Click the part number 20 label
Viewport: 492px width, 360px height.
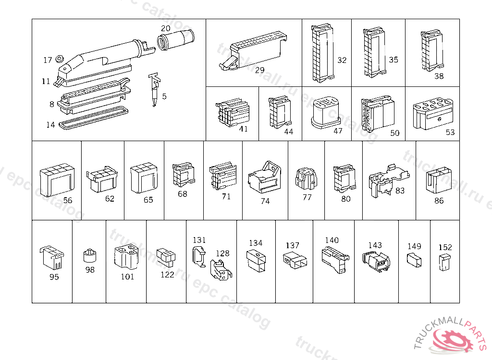tap(165, 27)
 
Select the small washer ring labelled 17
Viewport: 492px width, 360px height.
tap(60, 59)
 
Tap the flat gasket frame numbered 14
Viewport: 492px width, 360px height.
tap(94, 118)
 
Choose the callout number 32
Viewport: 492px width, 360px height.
tap(342, 60)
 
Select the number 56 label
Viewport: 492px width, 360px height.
tap(68, 201)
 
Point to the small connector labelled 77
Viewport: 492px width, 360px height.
tap(306, 179)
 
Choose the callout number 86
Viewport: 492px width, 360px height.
tap(439, 201)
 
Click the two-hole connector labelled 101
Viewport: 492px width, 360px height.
tap(126, 258)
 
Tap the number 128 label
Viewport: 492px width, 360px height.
tap(222, 253)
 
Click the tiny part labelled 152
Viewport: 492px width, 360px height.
tap(445, 262)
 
